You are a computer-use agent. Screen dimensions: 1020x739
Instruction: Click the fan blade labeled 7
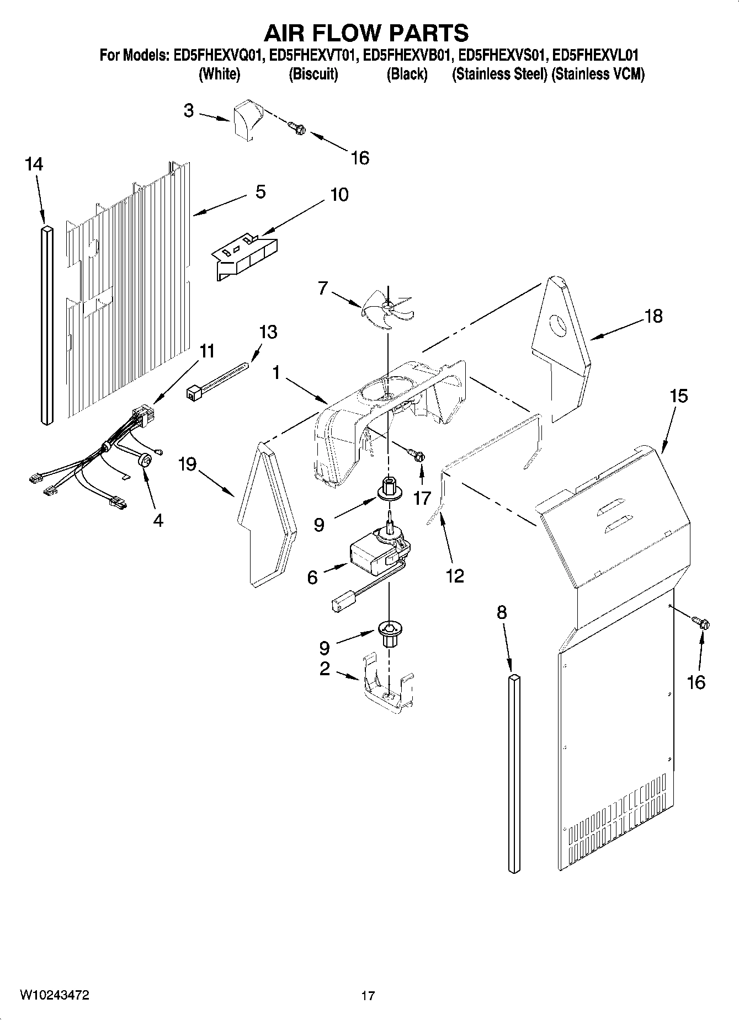click(x=388, y=309)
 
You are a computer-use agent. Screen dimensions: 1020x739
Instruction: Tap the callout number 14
click(x=34, y=164)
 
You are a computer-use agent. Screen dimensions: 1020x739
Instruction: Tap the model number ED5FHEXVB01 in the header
click(x=407, y=55)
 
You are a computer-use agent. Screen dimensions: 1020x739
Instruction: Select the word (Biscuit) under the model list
click(x=313, y=74)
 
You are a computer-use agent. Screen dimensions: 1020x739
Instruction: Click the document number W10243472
click(x=55, y=995)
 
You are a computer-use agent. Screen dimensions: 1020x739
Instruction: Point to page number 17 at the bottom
click(x=368, y=996)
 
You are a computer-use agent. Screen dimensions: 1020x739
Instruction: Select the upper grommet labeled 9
click(x=389, y=488)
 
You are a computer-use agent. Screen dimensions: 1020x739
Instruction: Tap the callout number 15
click(x=679, y=396)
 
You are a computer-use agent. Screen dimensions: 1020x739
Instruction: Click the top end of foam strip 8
click(x=514, y=675)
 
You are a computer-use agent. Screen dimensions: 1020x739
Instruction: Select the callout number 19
click(x=187, y=464)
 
